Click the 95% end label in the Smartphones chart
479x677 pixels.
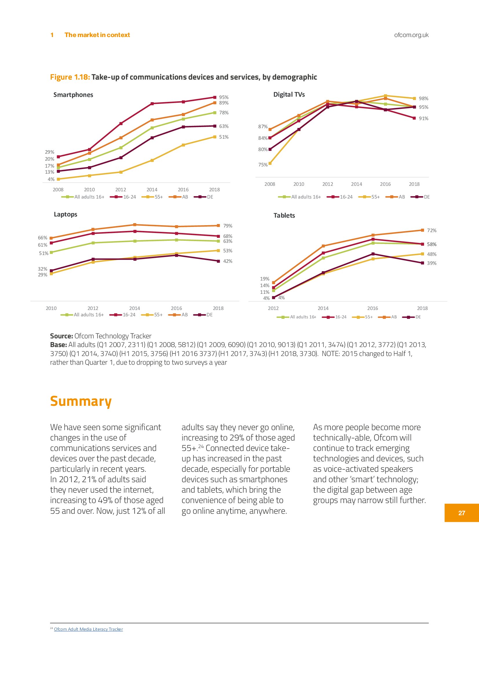pyautogui.click(x=224, y=97)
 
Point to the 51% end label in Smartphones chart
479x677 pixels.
pyautogui.click(x=224, y=137)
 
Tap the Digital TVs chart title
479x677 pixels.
pyautogui.click(x=289, y=94)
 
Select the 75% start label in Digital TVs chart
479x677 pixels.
pyautogui.click(x=263, y=164)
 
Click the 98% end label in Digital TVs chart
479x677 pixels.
pyautogui.click(x=423, y=98)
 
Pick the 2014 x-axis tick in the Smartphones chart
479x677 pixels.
pyautogui.click(x=152, y=190)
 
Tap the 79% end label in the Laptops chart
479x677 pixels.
pyautogui.click(x=227, y=226)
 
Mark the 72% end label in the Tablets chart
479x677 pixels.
pyautogui.click(x=432, y=230)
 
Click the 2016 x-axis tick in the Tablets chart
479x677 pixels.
pyautogui.click(x=372, y=308)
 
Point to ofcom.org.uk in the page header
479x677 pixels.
pyautogui.click(x=411, y=35)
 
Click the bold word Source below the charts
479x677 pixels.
pyautogui.click(x=61, y=336)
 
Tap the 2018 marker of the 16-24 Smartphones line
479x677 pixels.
pyautogui.click(x=215, y=97)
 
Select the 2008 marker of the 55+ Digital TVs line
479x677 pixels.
pyautogui.click(x=270, y=163)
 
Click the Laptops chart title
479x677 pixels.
pyautogui.click(x=65, y=214)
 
